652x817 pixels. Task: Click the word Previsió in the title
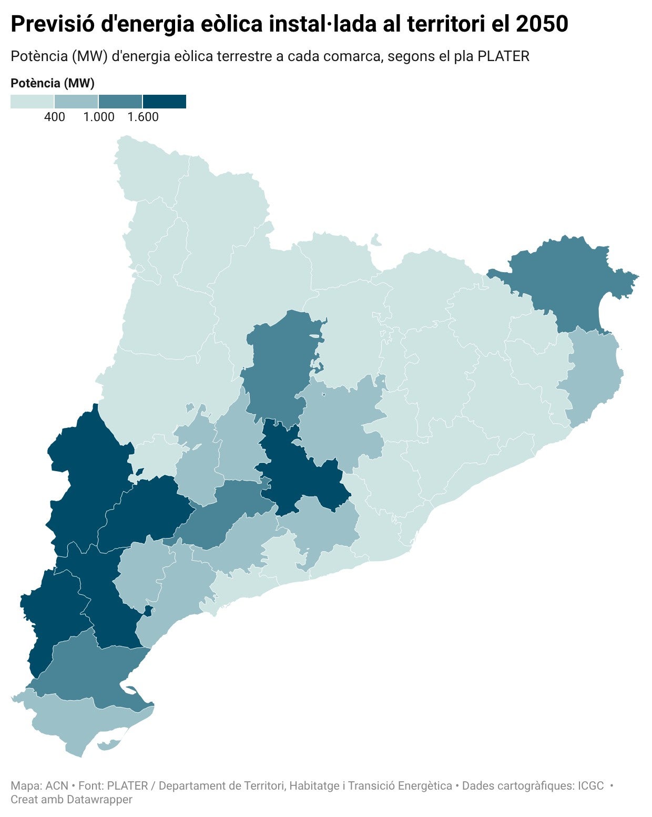pyautogui.click(x=53, y=24)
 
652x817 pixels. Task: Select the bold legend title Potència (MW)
pyautogui.click(x=53, y=83)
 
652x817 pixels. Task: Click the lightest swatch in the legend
pyautogui.click(x=32, y=102)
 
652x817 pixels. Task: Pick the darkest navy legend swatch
pyautogui.click(x=165, y=102)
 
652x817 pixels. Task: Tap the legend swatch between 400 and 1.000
pyautogui.click(x=76, y=102)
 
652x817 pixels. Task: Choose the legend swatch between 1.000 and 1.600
pyautogui.click(x=120, y=102)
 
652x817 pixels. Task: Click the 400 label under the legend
pyautogui.click(x=55, y=117)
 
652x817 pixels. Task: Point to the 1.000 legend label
pyautogui.click(x=99, y=117)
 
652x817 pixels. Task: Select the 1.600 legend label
pyautogui.click(x=143, y=117)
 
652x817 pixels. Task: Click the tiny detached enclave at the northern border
pyautogui.click(x=376, y=241)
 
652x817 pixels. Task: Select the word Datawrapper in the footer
pyautogui.click(x=99, y=799)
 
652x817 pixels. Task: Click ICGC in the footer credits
pyautogui.click(x=591, y=785)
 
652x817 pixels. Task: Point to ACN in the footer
pyautogui.click(x=57, y=785)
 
